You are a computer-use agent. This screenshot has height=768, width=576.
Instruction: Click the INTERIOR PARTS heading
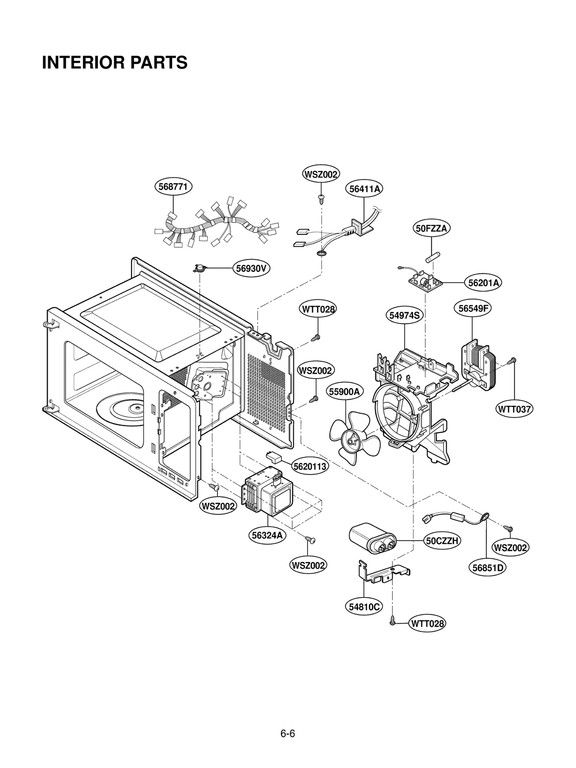[114, 62]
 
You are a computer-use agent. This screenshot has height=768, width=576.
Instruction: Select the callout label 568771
[173, 187]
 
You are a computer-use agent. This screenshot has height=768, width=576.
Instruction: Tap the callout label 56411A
[364, 189]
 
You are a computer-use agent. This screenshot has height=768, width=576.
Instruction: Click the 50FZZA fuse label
[431, 228]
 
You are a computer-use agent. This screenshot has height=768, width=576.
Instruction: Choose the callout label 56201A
[483, 283]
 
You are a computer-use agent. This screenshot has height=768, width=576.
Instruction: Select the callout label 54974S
[404, 315]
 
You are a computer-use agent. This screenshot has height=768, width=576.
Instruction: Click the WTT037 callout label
[514, 409]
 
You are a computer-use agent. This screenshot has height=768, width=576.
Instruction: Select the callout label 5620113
[310, 466]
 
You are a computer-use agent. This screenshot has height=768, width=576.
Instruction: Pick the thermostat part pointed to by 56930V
[199, 268]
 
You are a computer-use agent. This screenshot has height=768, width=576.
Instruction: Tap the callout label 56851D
[487, 568]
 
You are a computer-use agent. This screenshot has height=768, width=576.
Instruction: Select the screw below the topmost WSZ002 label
[321, 198]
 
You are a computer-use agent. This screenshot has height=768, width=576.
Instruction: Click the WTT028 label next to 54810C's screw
[427, 623]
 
